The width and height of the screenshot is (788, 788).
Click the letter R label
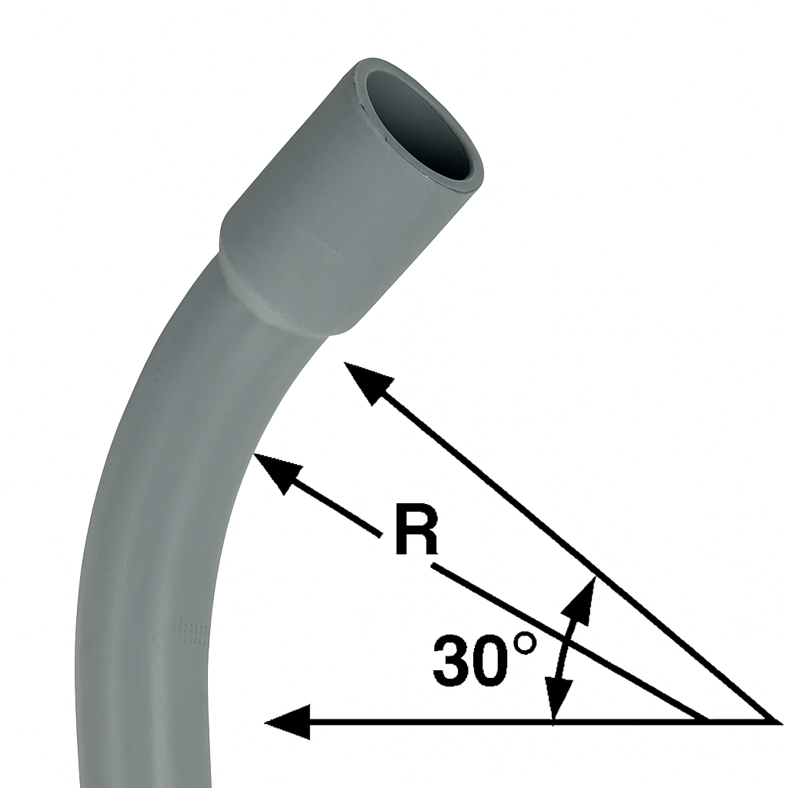point(416,530)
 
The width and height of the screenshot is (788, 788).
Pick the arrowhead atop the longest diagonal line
point(368,382)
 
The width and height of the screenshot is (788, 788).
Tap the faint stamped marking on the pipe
point(189,633)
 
